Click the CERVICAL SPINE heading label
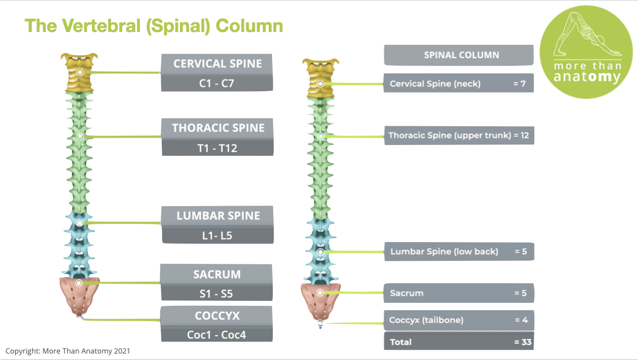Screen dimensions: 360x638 (x=217, y=64)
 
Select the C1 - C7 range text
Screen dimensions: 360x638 (x=217, y=83)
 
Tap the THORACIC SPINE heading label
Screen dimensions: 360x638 (x=218, y=128)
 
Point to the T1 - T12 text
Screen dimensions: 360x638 (x=217, y=148)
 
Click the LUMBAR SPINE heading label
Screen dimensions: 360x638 (x=218, y=216)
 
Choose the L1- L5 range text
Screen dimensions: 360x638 (x=217, y=236)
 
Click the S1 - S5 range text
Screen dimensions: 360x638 (x=217, y=294)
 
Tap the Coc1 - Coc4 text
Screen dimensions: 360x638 (x=216, y=335)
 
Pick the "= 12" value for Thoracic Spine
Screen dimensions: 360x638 (x=521, y=135)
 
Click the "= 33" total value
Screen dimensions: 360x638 (x=522, y=342)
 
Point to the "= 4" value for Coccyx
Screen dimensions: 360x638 (x=521, y=320)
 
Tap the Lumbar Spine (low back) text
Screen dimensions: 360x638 (x=444, y=252)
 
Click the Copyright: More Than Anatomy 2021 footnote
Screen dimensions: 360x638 (x=68, y=351)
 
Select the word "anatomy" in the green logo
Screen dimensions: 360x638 (x=587, y=77)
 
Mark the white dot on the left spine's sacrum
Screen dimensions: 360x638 (x=79, y=283)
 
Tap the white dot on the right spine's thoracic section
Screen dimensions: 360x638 (x=320, y=136)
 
